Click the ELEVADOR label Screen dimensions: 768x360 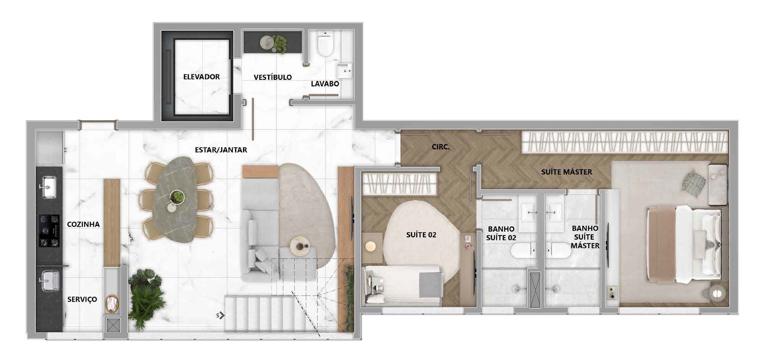[x=201, y=77]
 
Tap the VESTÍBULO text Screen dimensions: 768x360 [x=273, y=77]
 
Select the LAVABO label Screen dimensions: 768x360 [x=325, y=84]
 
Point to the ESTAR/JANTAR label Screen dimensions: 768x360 [x=221, y=150]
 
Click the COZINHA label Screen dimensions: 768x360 [x=83, y=224]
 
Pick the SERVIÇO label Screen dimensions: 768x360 [x=82, y=299]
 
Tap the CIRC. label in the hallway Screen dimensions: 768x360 [x=441, y=147]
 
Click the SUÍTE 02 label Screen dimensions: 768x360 [x=421, y=235]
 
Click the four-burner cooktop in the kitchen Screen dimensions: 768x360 [x=49, y=231]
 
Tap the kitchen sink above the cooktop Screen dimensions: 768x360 [x=48, y=187]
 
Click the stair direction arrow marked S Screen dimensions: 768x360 [x=221, y=315]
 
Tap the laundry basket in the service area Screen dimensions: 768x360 [x=112, y=304]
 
